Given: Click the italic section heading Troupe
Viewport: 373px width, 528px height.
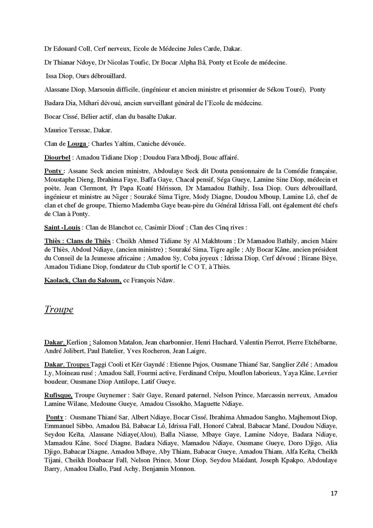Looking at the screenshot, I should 59,309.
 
